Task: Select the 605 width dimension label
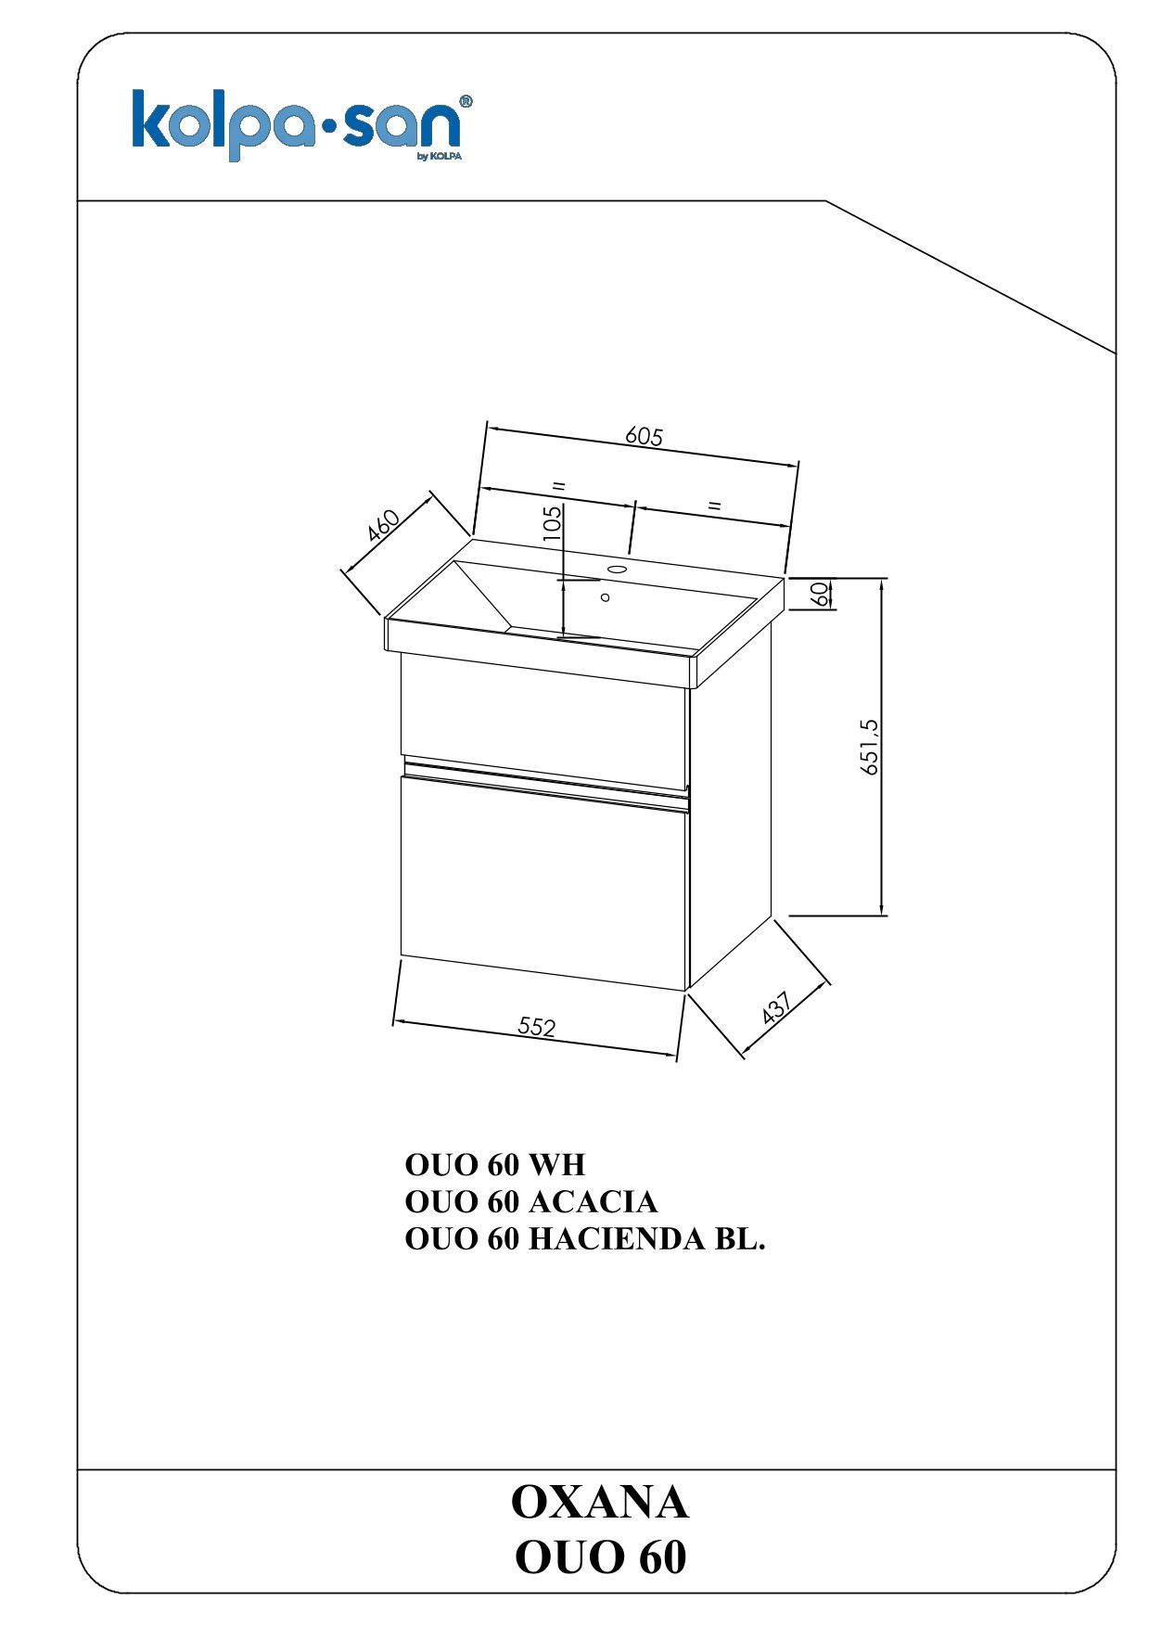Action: [x=645, y=436]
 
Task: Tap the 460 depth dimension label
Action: [x=383, y=525]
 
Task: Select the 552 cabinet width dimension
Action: [x=536, y=1026]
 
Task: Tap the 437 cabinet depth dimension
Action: [x=775, y=1007]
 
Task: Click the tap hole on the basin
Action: [x=618, y=569]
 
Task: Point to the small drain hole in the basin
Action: [x=606, y=597]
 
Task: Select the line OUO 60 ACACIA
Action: [x=531, y=1201]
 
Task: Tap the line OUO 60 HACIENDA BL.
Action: [x=585, y=1239]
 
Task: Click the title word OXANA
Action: [x=600, y=1502]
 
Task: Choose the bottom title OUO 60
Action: [x=600, y=1557]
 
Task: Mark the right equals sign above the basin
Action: [x=713, y=506]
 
